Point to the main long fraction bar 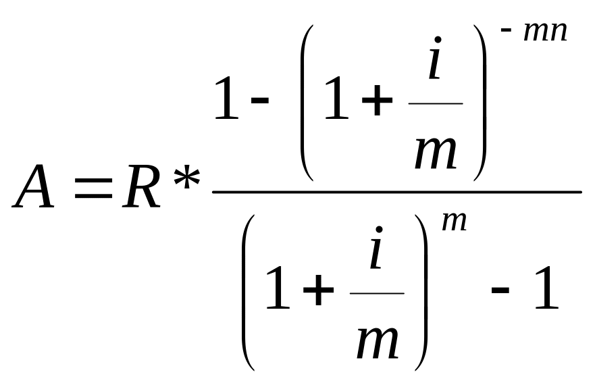coord(396,193)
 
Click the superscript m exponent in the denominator coord(454,221)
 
